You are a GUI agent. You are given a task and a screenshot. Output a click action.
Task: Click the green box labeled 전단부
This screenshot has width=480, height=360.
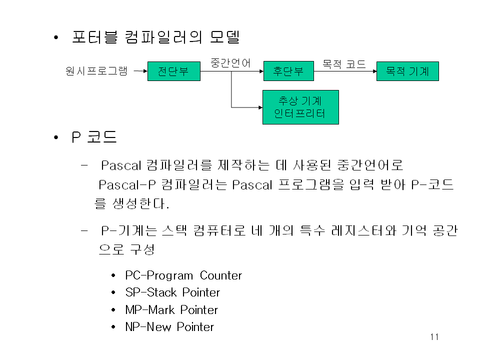(x=173, y=71)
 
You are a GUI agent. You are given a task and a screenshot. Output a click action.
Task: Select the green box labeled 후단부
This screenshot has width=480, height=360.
(x=288, y=71)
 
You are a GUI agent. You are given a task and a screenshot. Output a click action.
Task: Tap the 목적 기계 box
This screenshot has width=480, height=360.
(x=407, y=71)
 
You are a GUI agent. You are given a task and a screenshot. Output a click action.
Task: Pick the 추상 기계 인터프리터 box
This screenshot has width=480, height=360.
(x=300, y=107)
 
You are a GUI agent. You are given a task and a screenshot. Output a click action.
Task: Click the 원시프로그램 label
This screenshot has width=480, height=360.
(x=96, y=71)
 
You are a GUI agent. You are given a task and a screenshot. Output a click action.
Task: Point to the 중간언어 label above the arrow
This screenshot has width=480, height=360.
(x=230, y=63)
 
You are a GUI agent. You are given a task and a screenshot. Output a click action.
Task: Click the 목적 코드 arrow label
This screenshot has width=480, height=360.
(x=344, y=64)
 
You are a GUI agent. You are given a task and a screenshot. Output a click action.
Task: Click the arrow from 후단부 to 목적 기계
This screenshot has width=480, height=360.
(x=345, y=71)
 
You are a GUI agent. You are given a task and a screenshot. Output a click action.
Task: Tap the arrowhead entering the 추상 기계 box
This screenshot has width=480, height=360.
(x=259, y=107)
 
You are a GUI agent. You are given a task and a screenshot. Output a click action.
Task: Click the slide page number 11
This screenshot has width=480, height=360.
(x=434, y=337)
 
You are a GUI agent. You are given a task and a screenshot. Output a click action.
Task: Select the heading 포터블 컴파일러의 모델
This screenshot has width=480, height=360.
(x=156, y=37)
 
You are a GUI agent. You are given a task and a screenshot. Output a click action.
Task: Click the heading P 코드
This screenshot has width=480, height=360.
(x=94, y=137)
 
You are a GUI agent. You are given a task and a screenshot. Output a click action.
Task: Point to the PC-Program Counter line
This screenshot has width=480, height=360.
(x=183, y=275)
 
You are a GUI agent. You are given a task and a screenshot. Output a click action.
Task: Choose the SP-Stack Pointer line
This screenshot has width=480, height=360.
(x=172, y=292)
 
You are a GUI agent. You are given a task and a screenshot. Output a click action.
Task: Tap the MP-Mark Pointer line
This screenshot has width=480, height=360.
(x=171, y=310)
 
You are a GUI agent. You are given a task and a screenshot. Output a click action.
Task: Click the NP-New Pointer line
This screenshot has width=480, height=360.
(x=169, y=327)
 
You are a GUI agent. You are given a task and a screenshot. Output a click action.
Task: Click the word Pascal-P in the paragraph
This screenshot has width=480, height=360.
(x=128, y=185)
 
